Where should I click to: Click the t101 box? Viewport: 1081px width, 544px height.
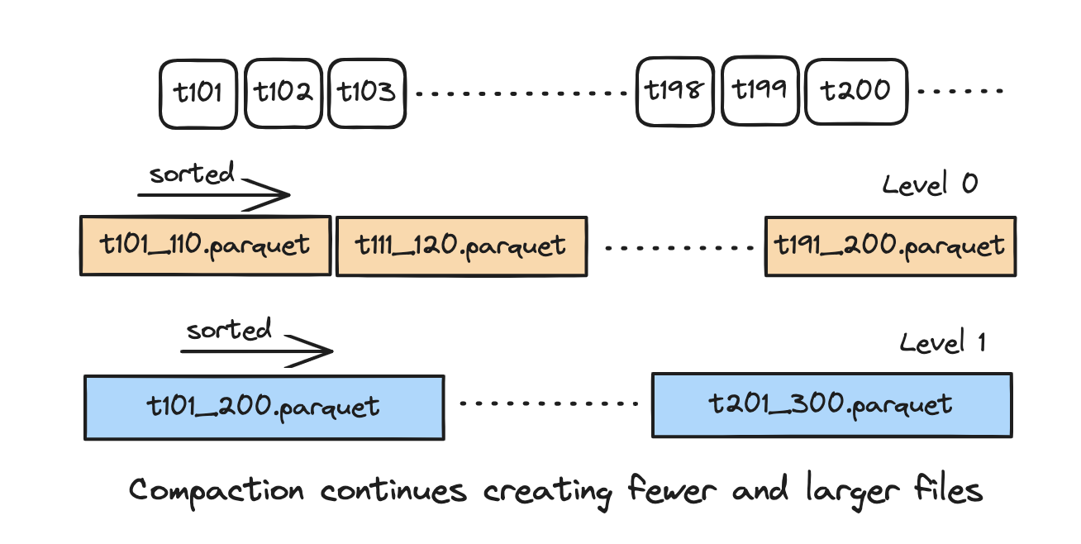pos(198,93)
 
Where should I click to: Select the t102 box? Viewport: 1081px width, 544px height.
pos(283,93)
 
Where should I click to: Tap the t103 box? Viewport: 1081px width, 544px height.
pos(367,93)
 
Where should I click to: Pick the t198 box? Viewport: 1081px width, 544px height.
pos(675,91)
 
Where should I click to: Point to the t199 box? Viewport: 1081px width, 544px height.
pos(760,90)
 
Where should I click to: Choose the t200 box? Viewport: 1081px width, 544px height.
pos(856,91)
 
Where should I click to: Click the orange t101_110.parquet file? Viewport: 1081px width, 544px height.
pos(206,246)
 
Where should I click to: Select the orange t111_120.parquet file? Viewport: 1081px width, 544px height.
pos(461,246)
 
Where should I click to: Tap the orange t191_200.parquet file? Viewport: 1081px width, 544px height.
pos(890,246)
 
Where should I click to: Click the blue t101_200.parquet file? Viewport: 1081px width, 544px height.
pos(264,406)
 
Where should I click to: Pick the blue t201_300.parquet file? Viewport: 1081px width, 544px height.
pos(831,405)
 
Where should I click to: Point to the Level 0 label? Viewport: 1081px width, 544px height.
pos(930,184)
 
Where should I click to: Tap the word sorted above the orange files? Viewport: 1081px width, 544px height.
pos(192,174)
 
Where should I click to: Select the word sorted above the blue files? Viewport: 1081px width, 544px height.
pos(229,331)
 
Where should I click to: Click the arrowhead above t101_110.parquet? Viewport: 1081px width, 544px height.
pos(277,196)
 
